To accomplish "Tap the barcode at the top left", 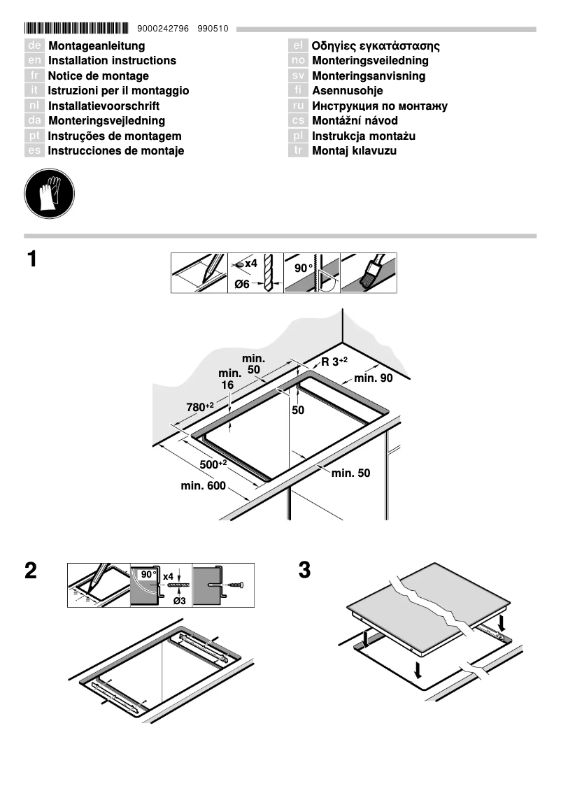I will pos(77,29).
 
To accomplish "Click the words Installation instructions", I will pos(112,61).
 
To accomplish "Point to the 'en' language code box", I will pos(34,61).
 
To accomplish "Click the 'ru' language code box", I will pos(298,106).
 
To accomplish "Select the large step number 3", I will pos(304,570).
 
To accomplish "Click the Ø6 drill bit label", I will pos(243,284).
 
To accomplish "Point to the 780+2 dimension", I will pos(199,406).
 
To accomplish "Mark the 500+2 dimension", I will pos(213,464).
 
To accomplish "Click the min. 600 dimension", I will pos(204,486).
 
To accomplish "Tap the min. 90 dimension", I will pos(374,378).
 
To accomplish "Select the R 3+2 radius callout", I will pos(334,361).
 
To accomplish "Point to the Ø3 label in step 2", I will pos(178,601).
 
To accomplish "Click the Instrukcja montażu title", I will pos(364,136).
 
